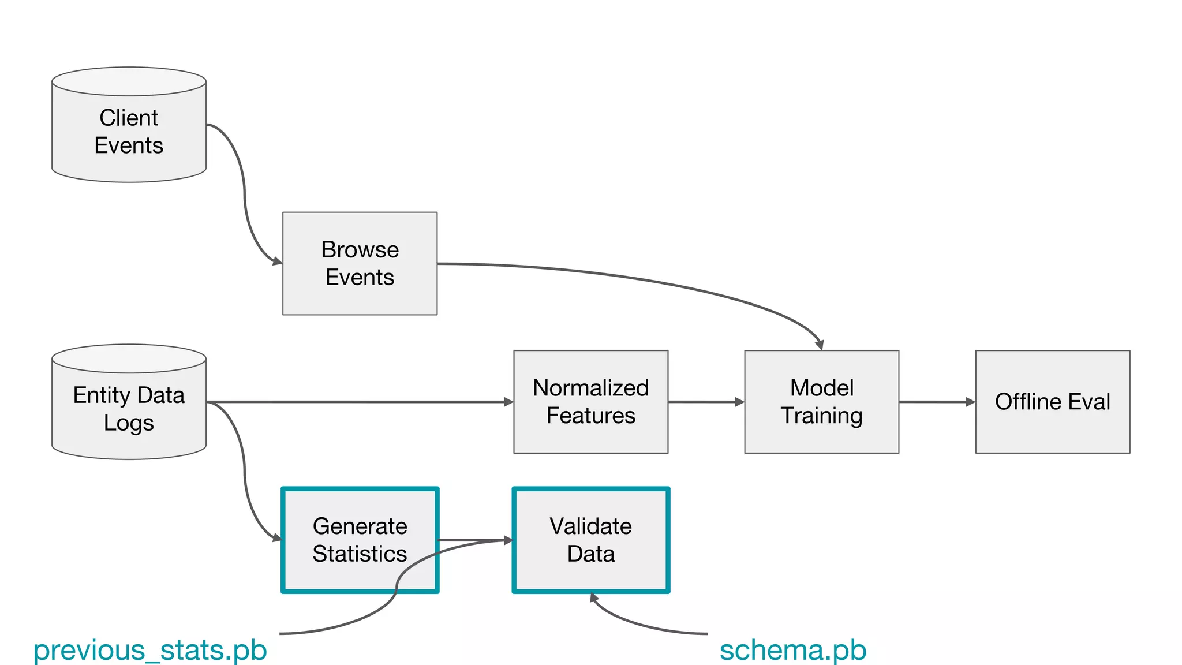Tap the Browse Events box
[x=360, y=263]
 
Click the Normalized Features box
[x=590, y=402]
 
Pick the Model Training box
[x=821, y=402]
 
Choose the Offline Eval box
[x=1052, y=402]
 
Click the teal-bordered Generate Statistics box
[x=360, y=540]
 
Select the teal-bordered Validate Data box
[x=590, y=540]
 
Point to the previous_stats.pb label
[x=150, y=650]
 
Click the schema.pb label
[x=793, y=650]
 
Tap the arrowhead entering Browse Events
[x=278, y=262]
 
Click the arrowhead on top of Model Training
[x=820, y=345]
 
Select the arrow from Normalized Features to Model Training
[x=706, y=402]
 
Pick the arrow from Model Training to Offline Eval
[x=937, y=402]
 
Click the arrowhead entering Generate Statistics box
[x=277, y=539]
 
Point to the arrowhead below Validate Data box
[x=593, y=597]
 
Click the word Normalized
[x=590, y=388]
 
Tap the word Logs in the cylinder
[x=129, y=423]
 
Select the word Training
[x=821, y=416]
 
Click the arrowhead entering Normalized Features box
[x=508, y=402]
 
